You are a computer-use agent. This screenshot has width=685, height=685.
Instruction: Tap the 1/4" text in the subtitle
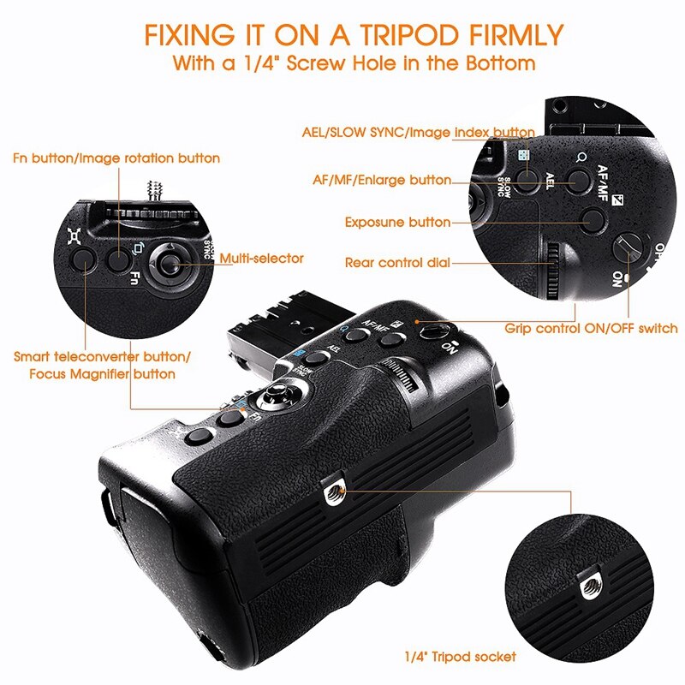pos(261,63)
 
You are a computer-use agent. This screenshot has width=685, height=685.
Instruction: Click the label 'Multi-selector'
pos(261,259)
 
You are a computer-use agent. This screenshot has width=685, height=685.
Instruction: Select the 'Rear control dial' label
pos(397,263)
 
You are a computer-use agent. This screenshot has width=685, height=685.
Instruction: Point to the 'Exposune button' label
pos(397,222)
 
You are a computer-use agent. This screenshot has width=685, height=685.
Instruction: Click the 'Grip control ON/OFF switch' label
pos(591,328)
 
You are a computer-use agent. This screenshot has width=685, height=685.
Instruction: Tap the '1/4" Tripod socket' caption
pos(460,656)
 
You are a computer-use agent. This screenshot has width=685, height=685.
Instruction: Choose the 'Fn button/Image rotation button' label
pos(116,158)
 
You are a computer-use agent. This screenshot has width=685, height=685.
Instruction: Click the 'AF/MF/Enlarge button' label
pos(382,180)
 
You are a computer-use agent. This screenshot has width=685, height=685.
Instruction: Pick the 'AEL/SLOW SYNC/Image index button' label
pos(419,133)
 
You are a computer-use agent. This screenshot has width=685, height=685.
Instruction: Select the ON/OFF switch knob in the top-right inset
pos(628,248)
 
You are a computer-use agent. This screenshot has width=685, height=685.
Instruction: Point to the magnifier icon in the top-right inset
pos(581,157)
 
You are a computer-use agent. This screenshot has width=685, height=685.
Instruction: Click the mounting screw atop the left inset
pos(154,190)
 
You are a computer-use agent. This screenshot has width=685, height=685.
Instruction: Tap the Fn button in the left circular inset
pos(118,260)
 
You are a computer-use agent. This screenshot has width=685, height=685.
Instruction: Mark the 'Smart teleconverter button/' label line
pos(102,356)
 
